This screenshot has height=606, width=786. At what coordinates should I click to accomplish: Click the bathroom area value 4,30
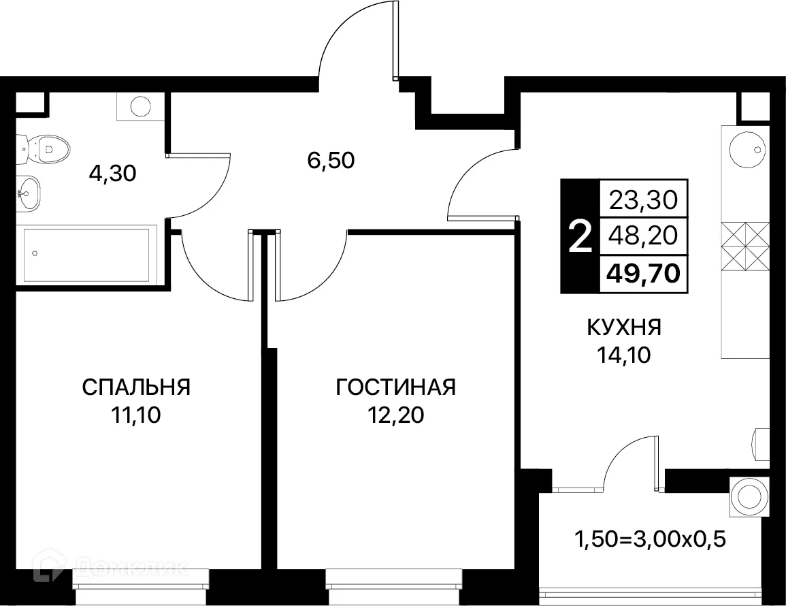113,174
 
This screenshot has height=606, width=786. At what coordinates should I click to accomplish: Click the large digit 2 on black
579,238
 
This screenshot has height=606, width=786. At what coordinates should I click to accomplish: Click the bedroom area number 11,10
136,415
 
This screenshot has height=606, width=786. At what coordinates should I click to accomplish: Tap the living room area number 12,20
395,415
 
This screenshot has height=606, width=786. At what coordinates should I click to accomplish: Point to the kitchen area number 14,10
624,355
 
